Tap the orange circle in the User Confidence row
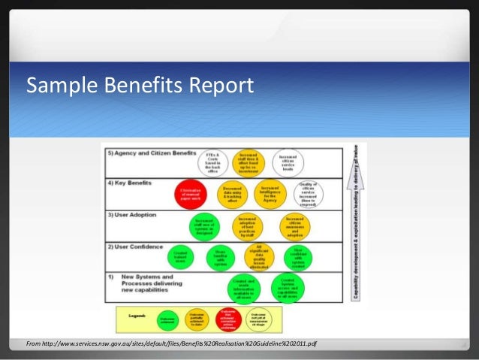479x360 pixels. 258,256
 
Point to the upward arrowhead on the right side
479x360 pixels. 358,162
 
